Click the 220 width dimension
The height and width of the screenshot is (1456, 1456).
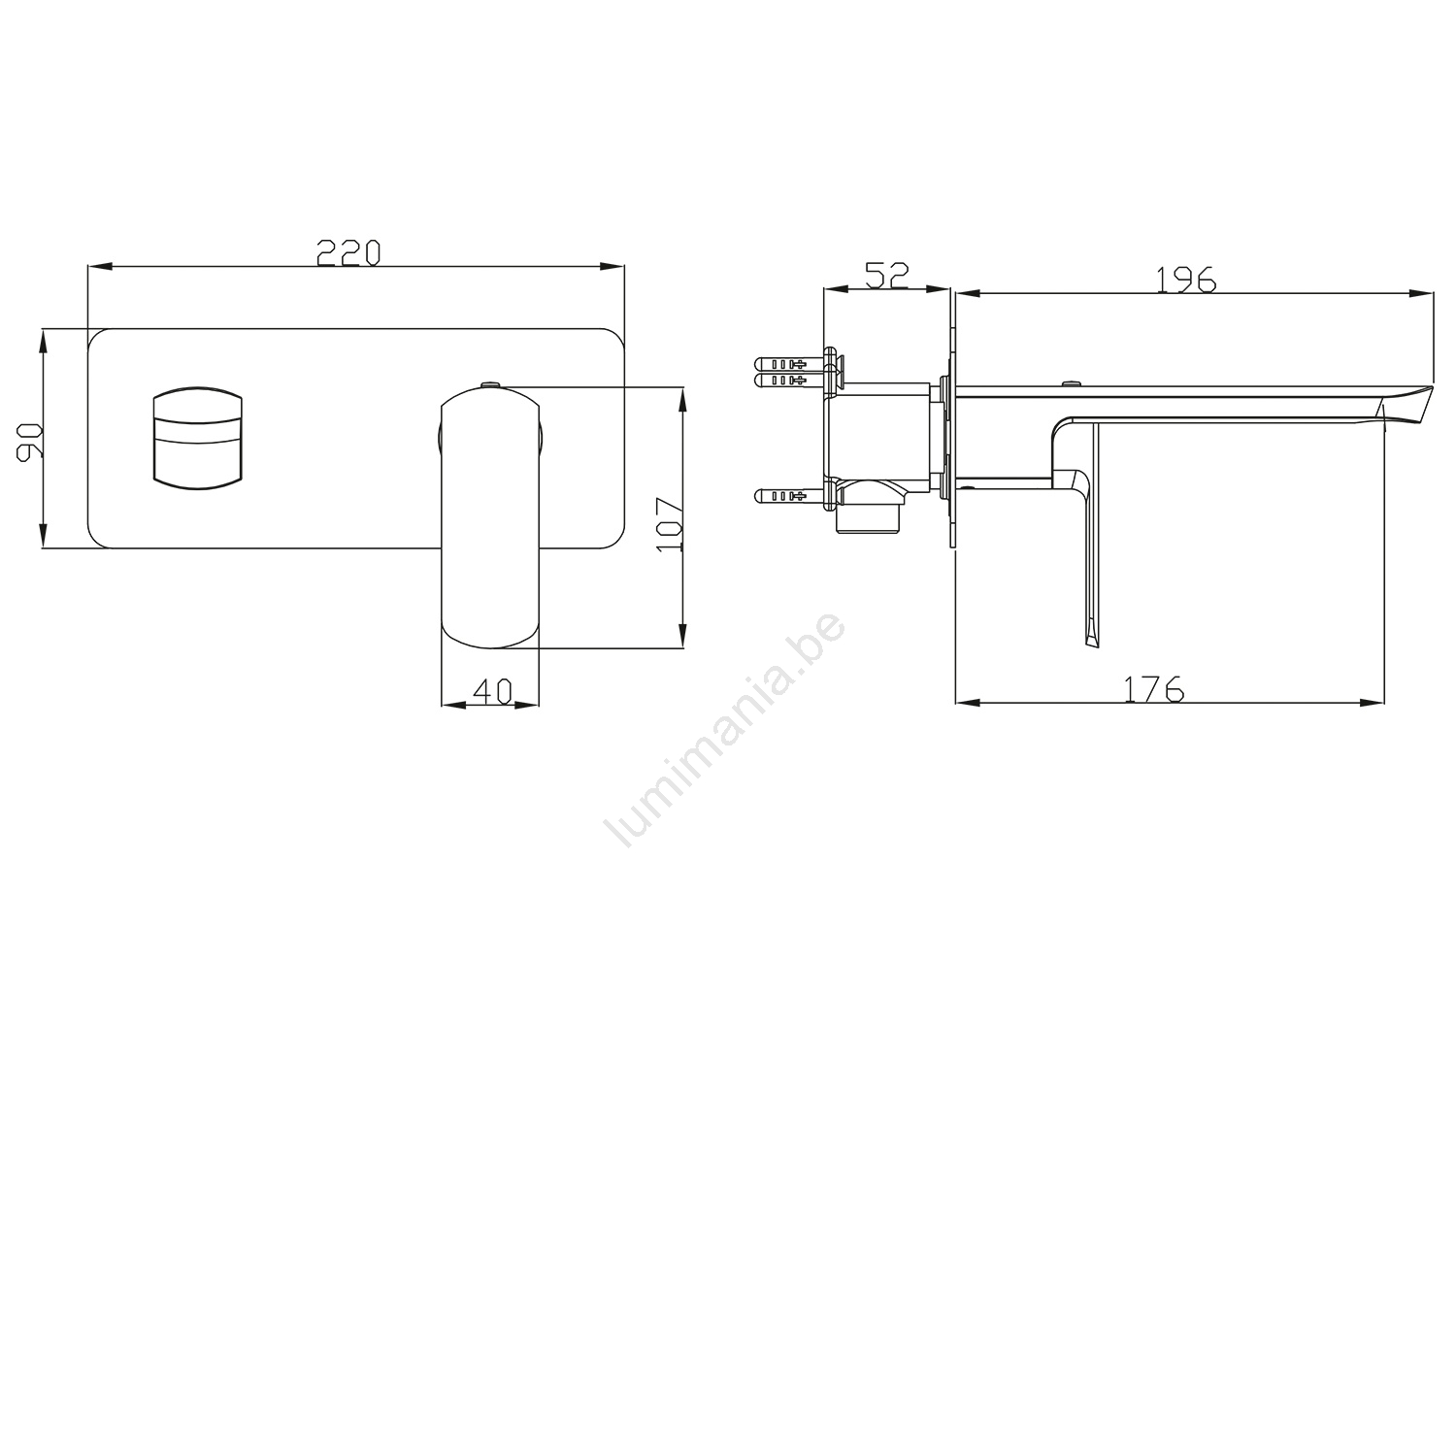[347, 252]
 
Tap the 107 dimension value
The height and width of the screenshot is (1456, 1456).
[670, 525]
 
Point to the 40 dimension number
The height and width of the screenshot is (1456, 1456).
[491, 691]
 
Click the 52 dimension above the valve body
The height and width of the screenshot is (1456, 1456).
[886, 276]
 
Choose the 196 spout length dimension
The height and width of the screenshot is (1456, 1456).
[1185, 279]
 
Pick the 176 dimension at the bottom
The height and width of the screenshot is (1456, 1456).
[1154, 689]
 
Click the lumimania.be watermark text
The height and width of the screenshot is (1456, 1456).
[723, 731]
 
